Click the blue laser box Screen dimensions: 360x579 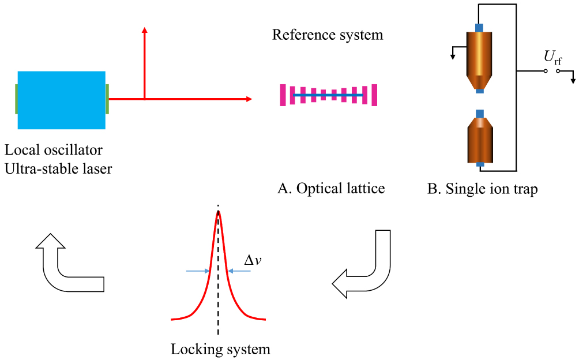(x=62, y=100)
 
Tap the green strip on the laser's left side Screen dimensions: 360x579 (x=16, y=99)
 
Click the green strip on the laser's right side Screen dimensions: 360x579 (x=107, y=99)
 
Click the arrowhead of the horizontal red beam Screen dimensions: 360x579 (x=249, y=99)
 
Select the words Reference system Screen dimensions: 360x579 (x=328, y=35)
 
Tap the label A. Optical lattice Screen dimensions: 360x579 (x=331, y=189)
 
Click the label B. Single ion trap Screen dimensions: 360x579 (x=482, y=189)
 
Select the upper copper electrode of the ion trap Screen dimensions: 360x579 (x=479, y=58)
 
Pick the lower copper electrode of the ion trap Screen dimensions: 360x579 (x=479, y=139)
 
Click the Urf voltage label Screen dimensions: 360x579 (x=553, y=57)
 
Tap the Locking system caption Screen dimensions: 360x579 (x=220, y=349)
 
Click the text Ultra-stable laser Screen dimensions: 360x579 (x=58, y=169)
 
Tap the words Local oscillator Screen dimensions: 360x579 (x=54, y=151)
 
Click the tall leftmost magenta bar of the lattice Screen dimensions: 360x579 (x=283, y=95)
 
